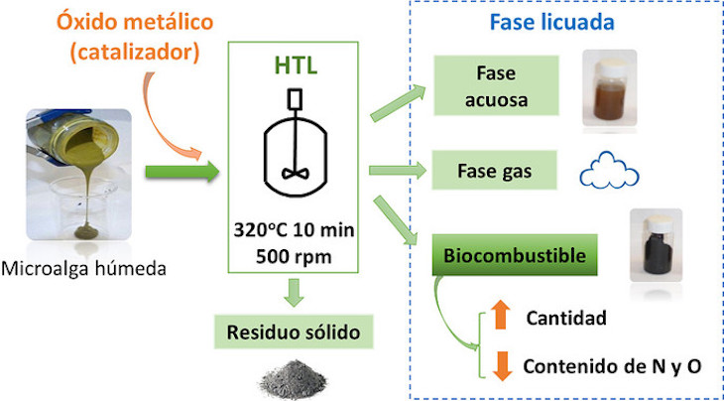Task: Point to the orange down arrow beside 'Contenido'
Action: click(499, 364)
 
